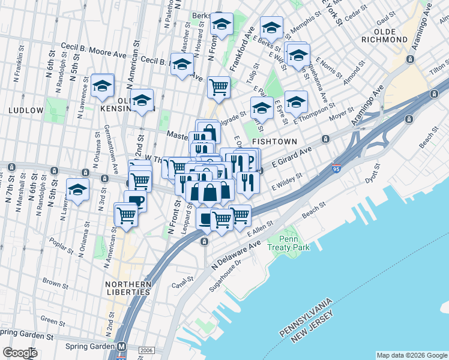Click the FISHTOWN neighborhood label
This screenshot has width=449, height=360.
click(x=274, y=142)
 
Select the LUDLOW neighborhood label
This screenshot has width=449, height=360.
click(x=26, y=110)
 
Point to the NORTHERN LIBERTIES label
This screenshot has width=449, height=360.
click(x=128, y=288)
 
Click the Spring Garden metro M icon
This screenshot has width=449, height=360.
click(x=122, y=347)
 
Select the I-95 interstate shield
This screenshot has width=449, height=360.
click(x=337, y=169)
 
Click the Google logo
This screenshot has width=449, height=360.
click(x=20, y=353)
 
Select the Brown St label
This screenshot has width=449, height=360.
click(x=55, y=282)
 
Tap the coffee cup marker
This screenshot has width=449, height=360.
click(x=135, y=200)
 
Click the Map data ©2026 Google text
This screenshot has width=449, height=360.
click(x=412, y=355)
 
